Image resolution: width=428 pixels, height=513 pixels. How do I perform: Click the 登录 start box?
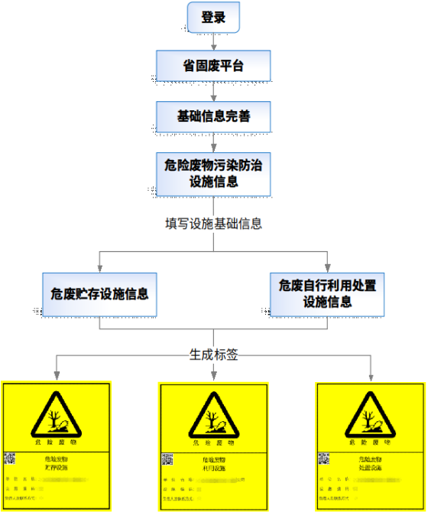(213, 18)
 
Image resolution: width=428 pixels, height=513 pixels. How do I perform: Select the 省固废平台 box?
(213, 67)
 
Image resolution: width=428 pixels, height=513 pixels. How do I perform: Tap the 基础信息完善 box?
(213, 117)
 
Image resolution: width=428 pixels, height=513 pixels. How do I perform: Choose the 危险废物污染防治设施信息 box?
(213, 173)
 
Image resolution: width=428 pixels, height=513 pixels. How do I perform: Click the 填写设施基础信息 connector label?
(213, 224)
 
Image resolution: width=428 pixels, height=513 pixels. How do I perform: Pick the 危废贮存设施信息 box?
(99, 293)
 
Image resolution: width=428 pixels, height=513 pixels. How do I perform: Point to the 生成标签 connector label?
(213, 355)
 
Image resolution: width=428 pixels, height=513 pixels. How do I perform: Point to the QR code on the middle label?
(167, 461)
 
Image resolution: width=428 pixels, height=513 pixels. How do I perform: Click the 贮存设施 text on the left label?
(57, 466)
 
